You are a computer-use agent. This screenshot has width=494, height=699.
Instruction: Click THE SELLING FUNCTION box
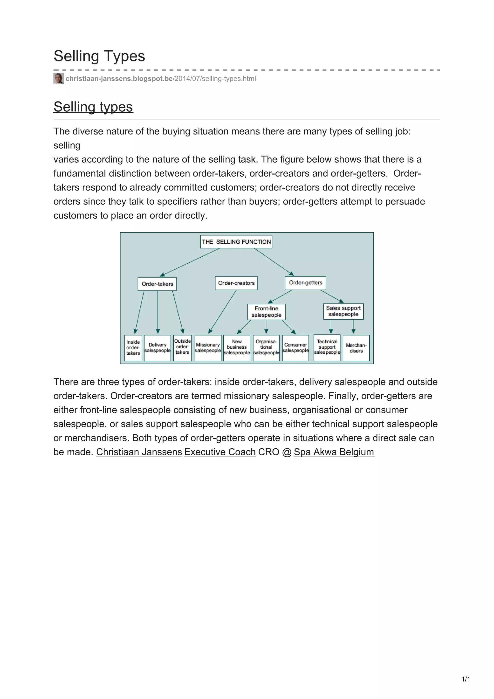click(236, 242)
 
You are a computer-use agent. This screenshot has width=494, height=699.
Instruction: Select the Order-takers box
click(157, 284)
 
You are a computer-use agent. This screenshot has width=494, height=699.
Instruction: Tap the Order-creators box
click(236, 283)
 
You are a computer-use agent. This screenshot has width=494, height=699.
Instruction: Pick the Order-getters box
click(305, 282)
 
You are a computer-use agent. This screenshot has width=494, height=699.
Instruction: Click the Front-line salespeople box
click(266, 312)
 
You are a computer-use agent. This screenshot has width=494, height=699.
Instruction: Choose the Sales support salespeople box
click(343, 311)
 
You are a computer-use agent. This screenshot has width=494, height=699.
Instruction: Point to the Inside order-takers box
click(133, 348)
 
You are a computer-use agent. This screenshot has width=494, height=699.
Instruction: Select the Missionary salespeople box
click(208, 348)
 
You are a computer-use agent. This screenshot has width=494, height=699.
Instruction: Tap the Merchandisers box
click(356, 348)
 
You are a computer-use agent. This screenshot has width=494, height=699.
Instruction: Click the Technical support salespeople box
click(327, 347)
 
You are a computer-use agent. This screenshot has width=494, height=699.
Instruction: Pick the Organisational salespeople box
click(266, 348)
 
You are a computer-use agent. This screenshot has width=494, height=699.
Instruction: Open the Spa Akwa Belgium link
click(334, 452)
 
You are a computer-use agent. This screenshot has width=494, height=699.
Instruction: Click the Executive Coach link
click(220, 452)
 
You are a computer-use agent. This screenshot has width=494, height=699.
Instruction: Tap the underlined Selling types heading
click(93, 107)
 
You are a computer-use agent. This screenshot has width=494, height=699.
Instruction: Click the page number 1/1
click(466, 679)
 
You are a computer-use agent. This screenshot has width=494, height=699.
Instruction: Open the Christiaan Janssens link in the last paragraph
click(139, 452)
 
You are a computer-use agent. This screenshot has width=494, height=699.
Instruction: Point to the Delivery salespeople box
click(157, 348)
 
